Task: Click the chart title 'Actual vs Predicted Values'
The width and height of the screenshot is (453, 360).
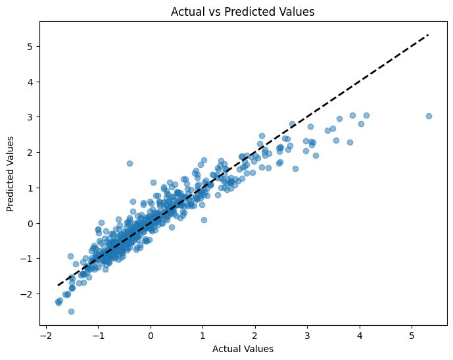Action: [x=243, y=11]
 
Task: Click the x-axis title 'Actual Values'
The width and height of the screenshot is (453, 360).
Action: [x=243, y=349]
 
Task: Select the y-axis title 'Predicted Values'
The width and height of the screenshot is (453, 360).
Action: [x=11, y=173]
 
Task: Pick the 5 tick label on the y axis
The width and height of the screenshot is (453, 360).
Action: [x=30, y=46]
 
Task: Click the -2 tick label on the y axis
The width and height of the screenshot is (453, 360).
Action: [x=28, y=294]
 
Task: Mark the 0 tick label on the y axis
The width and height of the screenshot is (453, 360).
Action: [x=30, y=223]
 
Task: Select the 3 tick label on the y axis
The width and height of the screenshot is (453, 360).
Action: [x=30, y=117]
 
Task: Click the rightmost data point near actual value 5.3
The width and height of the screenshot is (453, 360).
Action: [x=429, y=116]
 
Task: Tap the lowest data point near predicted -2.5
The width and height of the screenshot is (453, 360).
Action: [x=71, y=311]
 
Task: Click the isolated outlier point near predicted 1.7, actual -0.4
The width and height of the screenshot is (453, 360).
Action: [x=130, y=163]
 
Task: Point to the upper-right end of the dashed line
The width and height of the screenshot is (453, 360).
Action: [x=429, y=35]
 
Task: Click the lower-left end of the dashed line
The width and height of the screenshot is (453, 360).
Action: [x=59, y=286]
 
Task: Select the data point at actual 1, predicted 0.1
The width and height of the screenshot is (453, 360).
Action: [x=204, y=220]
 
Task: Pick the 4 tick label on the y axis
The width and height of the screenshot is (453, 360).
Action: [x=30, y=82]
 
